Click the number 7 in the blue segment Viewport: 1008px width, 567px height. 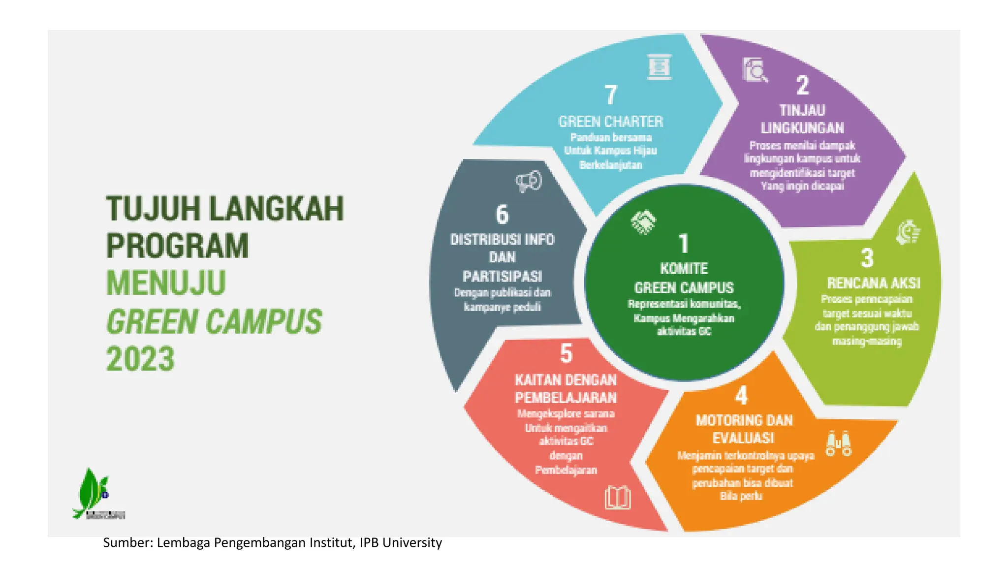[x=611, y=95]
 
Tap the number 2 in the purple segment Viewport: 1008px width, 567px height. [x=802, y=85]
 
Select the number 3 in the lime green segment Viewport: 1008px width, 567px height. [x=867, y=258]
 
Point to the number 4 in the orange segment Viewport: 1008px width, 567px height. [x=741, y=395]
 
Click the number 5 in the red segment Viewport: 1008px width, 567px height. [x=567, y=353]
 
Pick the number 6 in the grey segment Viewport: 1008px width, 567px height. [x=502, y=215]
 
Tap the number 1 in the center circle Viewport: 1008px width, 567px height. [x=684, y=244]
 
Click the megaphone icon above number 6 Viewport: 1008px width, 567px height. [x=529, y=181]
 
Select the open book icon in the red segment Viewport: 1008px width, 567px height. [x=618, y=498]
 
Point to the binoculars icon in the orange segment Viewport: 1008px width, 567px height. [x=839, y=443]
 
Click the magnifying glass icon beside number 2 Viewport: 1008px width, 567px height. [x=755, y=70]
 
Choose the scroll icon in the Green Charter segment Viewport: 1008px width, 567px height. [x=659, y=66]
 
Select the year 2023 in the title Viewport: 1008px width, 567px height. [x=140, y=359]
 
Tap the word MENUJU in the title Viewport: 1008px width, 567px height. [x=166, y=283]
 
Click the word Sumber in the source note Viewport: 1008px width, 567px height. [x=127, y=542]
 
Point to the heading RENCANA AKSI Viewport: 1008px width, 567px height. [x=873, y=283]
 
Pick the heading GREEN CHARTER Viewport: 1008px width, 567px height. [x=611, y=122]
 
